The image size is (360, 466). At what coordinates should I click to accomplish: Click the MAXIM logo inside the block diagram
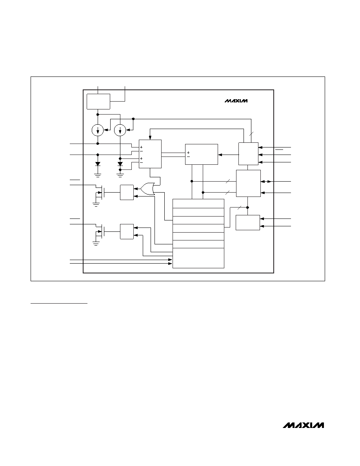[236, 101]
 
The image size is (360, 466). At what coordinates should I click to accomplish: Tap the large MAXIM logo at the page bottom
[303, 425]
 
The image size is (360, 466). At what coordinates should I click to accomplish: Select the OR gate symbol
[148, 188]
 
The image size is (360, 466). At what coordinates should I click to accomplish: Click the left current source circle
[98, 130]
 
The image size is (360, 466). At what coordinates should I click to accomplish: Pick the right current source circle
[120, 130]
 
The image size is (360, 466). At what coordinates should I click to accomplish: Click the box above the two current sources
[98, 102]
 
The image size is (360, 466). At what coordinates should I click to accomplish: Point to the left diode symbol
[98, 164]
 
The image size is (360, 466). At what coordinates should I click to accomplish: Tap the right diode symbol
[120, 164]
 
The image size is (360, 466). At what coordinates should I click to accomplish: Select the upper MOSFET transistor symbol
[99, 192]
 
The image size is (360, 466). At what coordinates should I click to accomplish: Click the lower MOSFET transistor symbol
[99, 231]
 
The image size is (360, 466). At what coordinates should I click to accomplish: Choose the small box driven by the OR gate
[127, 192]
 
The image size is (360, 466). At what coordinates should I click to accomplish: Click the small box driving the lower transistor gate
[127, 231]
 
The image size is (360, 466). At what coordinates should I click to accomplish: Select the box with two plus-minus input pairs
[150, 154]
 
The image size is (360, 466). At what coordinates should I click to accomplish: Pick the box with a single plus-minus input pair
[202, 154]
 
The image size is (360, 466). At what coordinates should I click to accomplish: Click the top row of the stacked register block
[198, 204]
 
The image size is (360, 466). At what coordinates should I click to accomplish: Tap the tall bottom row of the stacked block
[198, 258]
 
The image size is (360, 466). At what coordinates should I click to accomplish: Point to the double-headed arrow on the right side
[266, 181]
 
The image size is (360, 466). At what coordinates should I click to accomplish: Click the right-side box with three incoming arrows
[248, 154]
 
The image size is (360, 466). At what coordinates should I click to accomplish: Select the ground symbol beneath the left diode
[98, 175]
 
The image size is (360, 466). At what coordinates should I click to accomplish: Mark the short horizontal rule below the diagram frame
[59, 304]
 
